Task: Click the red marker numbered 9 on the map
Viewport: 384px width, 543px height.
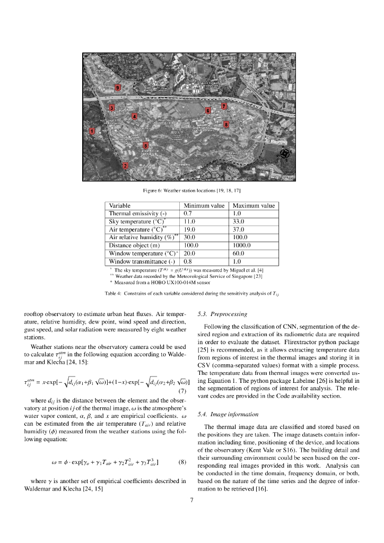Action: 118,87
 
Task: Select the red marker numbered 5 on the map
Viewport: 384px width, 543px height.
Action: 146,145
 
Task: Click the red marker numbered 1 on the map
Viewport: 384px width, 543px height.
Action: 92,131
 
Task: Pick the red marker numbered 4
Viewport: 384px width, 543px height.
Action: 135,116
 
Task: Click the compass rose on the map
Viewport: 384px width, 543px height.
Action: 284,154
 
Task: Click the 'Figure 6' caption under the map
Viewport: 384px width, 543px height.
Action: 192,189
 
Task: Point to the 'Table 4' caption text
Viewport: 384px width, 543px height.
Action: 191,293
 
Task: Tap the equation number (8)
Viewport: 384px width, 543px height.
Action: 182,461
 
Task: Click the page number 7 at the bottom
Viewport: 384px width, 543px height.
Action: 191,499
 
